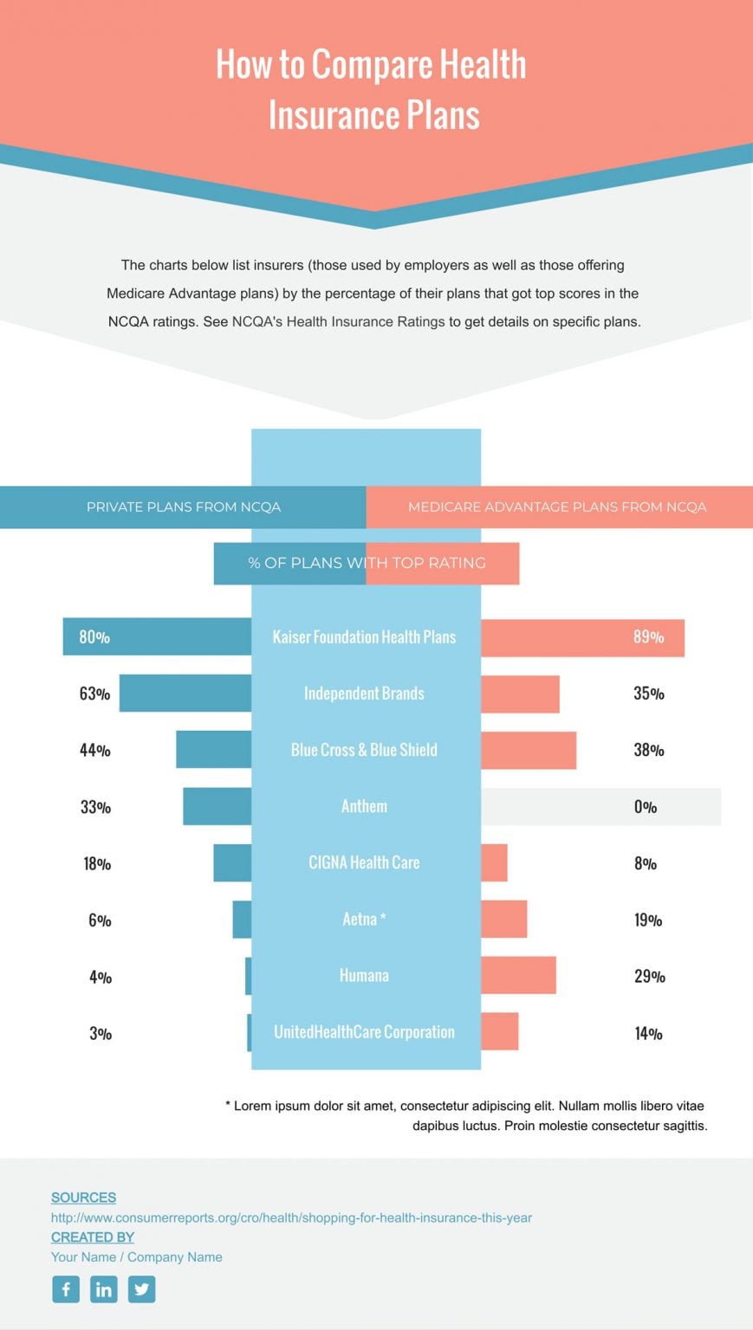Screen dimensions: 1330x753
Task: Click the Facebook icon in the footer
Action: point(66,1289)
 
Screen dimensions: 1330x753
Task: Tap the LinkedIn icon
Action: point(103,1289)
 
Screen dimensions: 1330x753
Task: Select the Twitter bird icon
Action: point(141,1289)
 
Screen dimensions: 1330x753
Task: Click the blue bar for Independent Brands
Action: point(185,693)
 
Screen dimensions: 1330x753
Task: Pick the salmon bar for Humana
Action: point(518,975)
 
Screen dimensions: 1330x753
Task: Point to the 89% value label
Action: point(648,637)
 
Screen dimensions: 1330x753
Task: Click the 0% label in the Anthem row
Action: point(646,807)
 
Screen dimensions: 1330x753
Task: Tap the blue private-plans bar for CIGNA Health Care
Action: point(232,862)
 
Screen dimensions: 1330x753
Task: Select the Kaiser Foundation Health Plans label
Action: point(364,637)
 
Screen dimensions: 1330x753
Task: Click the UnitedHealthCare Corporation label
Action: point(364,1032)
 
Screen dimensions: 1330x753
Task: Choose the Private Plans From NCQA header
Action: point(184,507)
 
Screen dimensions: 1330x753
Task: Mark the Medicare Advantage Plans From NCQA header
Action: point(557,507)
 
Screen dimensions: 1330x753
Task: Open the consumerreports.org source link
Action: point(291,1217)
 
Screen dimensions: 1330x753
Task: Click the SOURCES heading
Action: point(83,1198)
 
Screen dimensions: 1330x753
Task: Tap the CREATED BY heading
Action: point(93,1237)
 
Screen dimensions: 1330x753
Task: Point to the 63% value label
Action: point(94,694)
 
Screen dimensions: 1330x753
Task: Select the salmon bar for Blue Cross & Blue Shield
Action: point(529,750)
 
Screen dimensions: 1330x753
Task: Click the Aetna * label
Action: point(364,919)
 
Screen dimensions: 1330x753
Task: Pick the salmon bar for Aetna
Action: point(503,919)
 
